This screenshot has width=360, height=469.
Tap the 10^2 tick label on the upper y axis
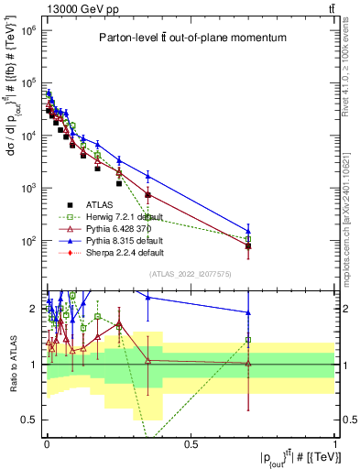(27, 241)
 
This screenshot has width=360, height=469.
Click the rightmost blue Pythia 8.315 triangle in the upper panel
(247, 231)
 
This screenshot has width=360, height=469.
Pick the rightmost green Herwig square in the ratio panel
(247, 340)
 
